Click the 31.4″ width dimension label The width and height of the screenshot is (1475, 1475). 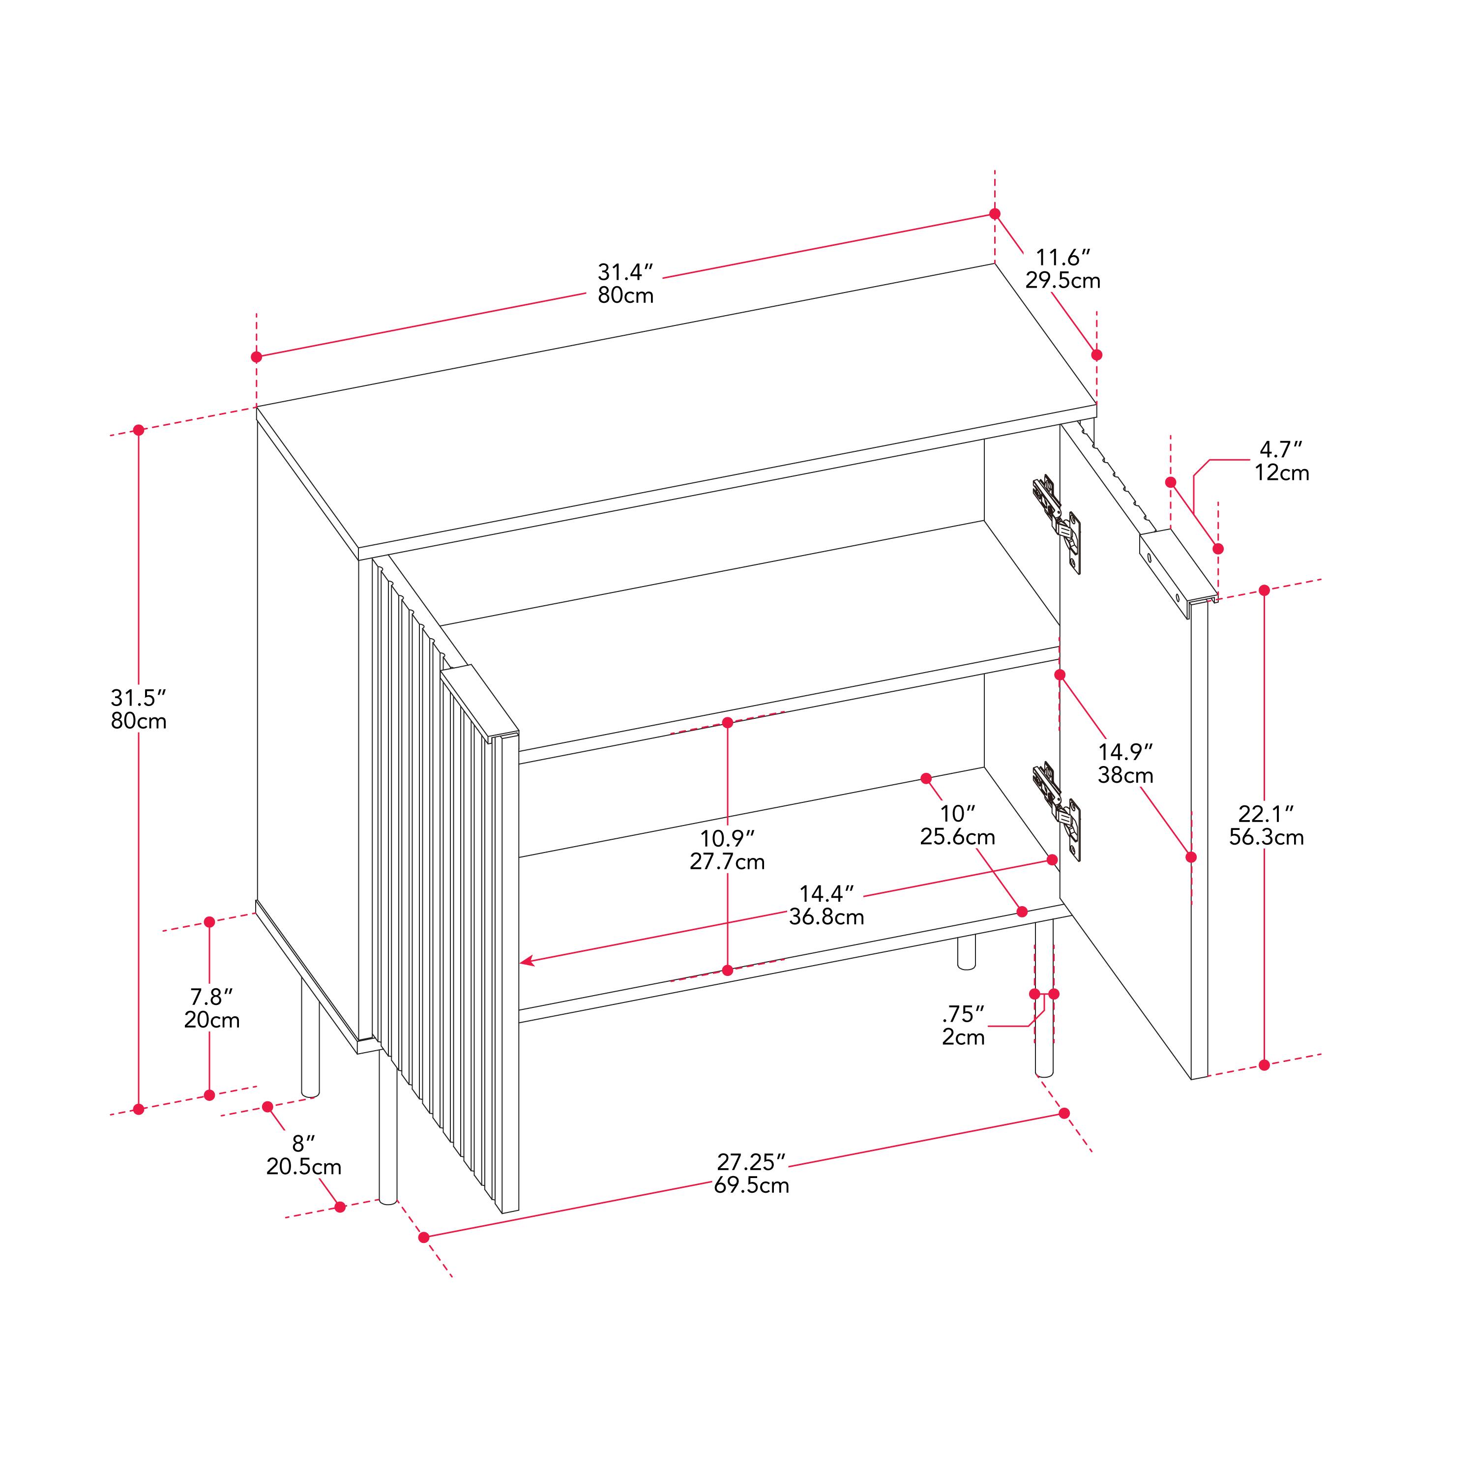(625, 272)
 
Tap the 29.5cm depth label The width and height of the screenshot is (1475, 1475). (1062, 281)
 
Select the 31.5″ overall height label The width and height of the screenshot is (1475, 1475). (138, 697)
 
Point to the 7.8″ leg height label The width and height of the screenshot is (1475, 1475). (211, 996)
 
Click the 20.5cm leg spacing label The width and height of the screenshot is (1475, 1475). (304, 1167)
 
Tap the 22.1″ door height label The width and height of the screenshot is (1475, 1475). (1266, 814)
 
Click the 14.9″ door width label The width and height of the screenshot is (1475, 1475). (1125, 752)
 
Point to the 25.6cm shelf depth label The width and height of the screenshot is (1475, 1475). (957, 837)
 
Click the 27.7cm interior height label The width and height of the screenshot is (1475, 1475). (727, 862)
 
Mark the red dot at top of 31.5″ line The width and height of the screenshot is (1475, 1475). (138, 430)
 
